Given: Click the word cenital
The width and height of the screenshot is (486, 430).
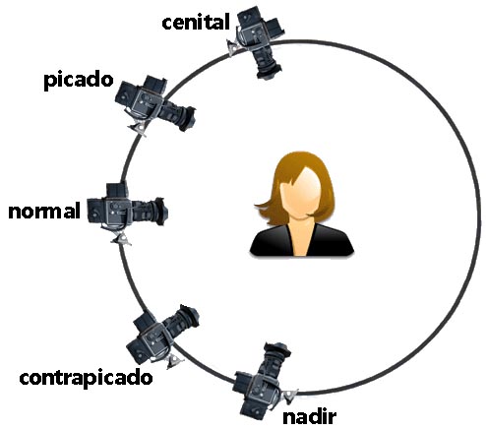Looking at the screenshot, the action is [x=196, y=23].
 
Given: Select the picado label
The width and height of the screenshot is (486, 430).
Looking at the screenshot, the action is [x=79, y=81].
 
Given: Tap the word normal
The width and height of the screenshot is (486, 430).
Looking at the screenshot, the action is [x=44, y=211].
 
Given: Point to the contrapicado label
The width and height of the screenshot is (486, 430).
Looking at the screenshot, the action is [x=86, y=378].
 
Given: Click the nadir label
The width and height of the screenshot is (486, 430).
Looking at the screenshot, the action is [x=310, y=416].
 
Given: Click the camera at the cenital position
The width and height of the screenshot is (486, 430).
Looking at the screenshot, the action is [x=258, y=41].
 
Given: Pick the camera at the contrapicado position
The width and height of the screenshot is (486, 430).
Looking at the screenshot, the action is [x=160, y=337].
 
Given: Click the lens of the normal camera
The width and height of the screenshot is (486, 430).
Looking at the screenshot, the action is [x=152, y=212].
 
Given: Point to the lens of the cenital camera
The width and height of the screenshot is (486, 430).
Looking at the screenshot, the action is [x=268, y=62].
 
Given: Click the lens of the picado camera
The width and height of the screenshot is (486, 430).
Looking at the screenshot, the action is [x=179, y=115].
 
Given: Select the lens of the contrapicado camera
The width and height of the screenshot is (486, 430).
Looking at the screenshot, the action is [x=183, y=320].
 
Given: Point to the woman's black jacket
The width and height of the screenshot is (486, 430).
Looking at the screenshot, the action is [x=302, y=241].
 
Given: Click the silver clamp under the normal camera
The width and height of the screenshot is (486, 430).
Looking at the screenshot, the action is [x=121, y=239].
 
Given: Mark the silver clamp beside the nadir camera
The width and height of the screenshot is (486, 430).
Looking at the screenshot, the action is [x=289, y=396].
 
